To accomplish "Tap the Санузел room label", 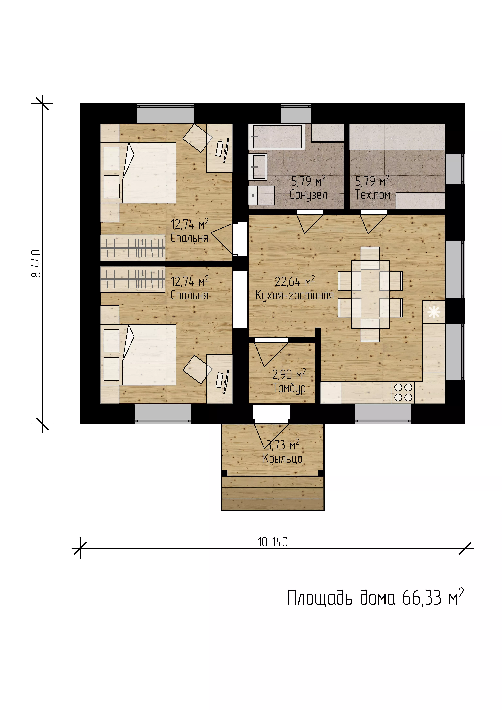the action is pyautogui.click(x=308, y=195).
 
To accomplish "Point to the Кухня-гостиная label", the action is pyautogui.click(x=294, y=295).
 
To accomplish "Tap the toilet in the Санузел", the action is pyautogui.click(x=261, y=195).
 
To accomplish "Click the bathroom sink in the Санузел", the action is pyautogui.click(x=258, y=167).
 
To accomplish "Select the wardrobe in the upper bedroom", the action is pyautogui.click(x=133, y=248).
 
